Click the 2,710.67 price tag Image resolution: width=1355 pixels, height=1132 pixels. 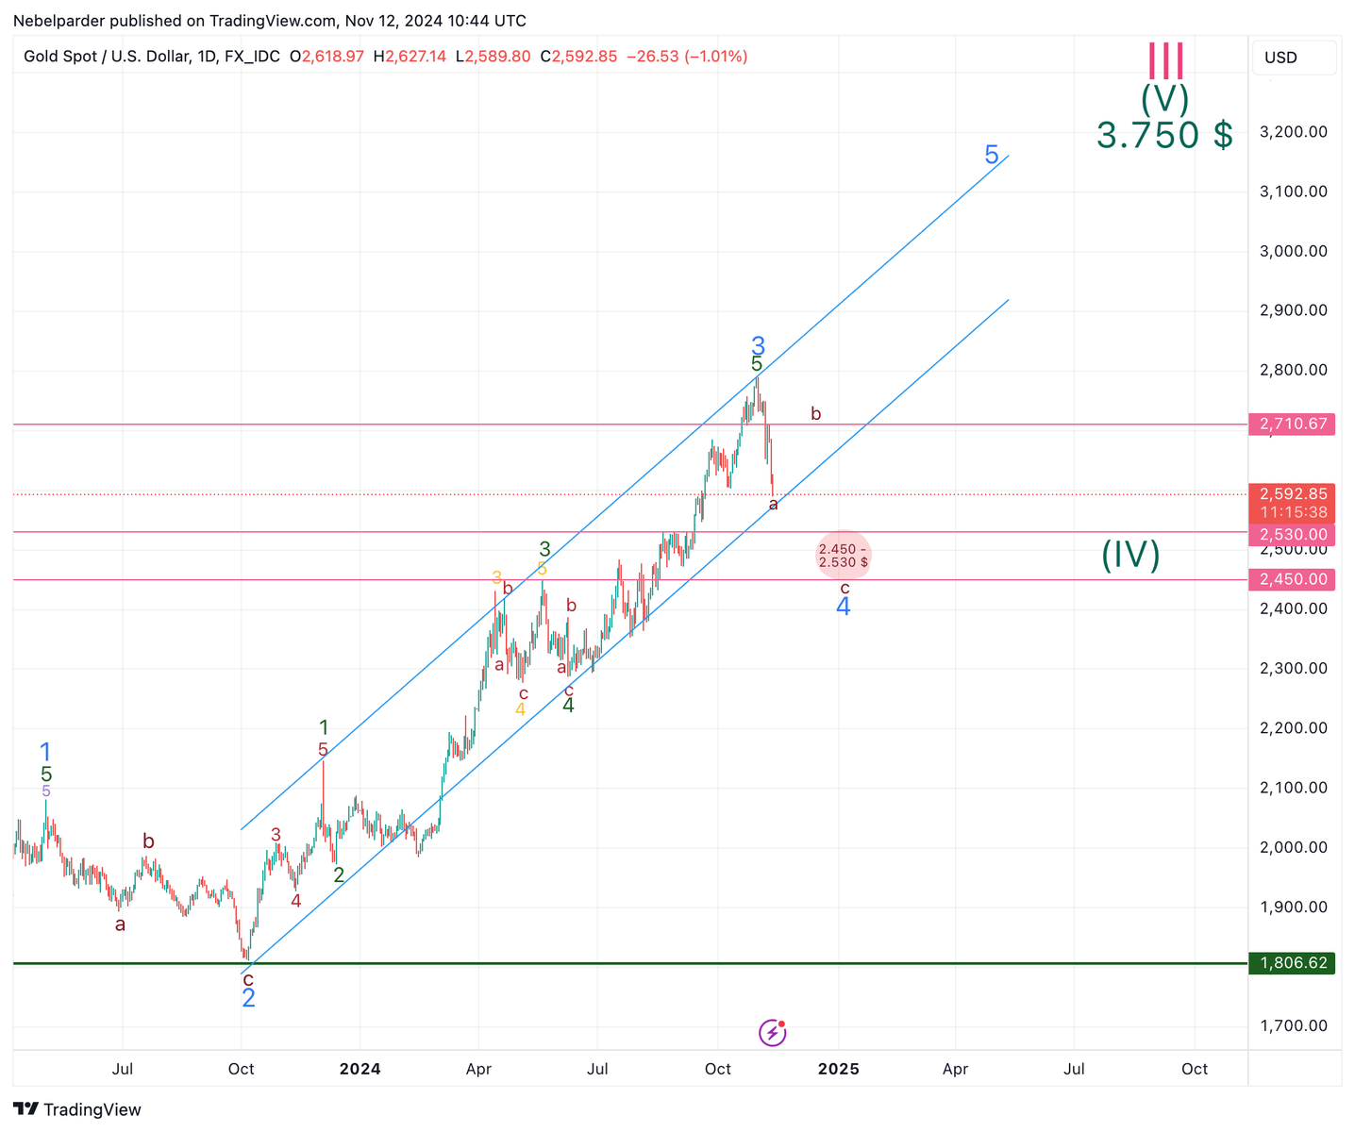(x=1292, y=424)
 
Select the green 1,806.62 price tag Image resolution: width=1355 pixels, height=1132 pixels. (x=1292, y=963)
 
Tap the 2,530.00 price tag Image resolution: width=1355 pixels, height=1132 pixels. (x=1292, y=535)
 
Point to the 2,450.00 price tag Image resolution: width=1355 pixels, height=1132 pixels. (x=1292, y=579)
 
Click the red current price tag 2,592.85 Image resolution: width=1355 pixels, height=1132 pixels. (x=1292, y=494)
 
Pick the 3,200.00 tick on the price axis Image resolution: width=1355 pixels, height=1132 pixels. (x=1293, y=131)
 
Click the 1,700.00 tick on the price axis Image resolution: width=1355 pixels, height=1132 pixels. (x=1293, y=1025)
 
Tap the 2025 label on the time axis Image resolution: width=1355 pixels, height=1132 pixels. (x=838, y=1069)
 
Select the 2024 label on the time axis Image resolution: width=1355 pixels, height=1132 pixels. (x=360, y=1069)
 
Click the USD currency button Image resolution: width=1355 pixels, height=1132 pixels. (x=1293, y=58)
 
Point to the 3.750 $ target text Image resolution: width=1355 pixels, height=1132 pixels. (x=1164, y=135)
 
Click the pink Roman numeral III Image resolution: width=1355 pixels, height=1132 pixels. (x=1165, y=61)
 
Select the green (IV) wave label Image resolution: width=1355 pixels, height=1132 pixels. (x=1130, y=555)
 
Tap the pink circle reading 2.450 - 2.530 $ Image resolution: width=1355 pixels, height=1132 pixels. (x=843, y=556)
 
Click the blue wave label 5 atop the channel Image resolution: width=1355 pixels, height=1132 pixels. (x=992, y=155)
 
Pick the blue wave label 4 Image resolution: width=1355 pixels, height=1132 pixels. (x=844, y=607)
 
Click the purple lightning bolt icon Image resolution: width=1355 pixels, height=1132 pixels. (x=773, y=1033)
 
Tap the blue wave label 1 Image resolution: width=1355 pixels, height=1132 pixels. (x=45, y=753)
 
